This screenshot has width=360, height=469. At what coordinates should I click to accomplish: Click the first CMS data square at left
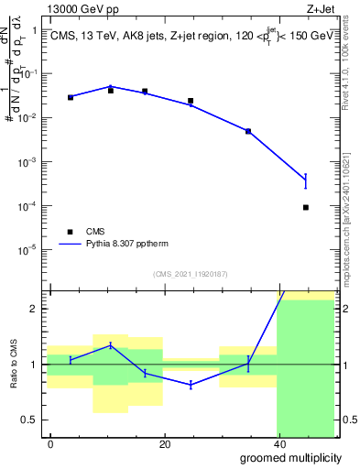[71, 97]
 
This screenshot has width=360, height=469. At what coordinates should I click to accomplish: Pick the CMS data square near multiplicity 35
[247, 132]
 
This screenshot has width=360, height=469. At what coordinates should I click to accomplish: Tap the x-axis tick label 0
[50, 444]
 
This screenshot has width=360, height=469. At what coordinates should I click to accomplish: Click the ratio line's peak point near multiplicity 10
[110, 344]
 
